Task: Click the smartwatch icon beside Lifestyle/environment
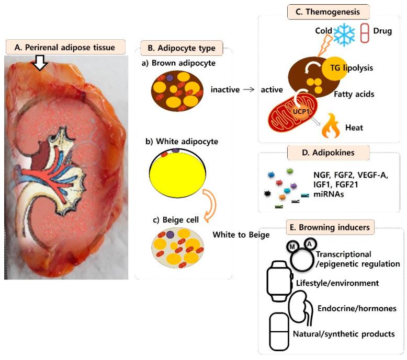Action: pos(278,282)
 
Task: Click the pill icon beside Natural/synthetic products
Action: pos(280,332)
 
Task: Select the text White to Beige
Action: pos(241,235)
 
